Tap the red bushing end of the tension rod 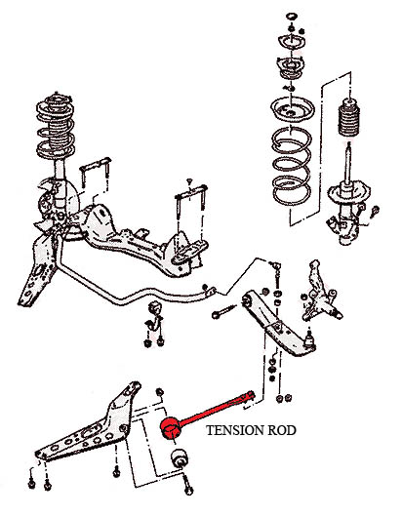coord(171,427)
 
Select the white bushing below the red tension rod coord(179,457)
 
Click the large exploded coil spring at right coord(292,166)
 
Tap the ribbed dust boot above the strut coord(349,119)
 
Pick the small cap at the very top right coord(291,17)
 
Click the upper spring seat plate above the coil coord(293,111)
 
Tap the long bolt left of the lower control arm coord(224,311)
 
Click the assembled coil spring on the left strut coord(56,127)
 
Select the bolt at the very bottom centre coord(187,486)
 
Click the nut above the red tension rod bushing coord(160,392)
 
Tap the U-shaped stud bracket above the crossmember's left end coord(96,173)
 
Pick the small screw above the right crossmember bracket coord(189,181)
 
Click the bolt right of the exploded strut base coord(375,211)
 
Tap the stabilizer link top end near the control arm coord(276,265)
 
